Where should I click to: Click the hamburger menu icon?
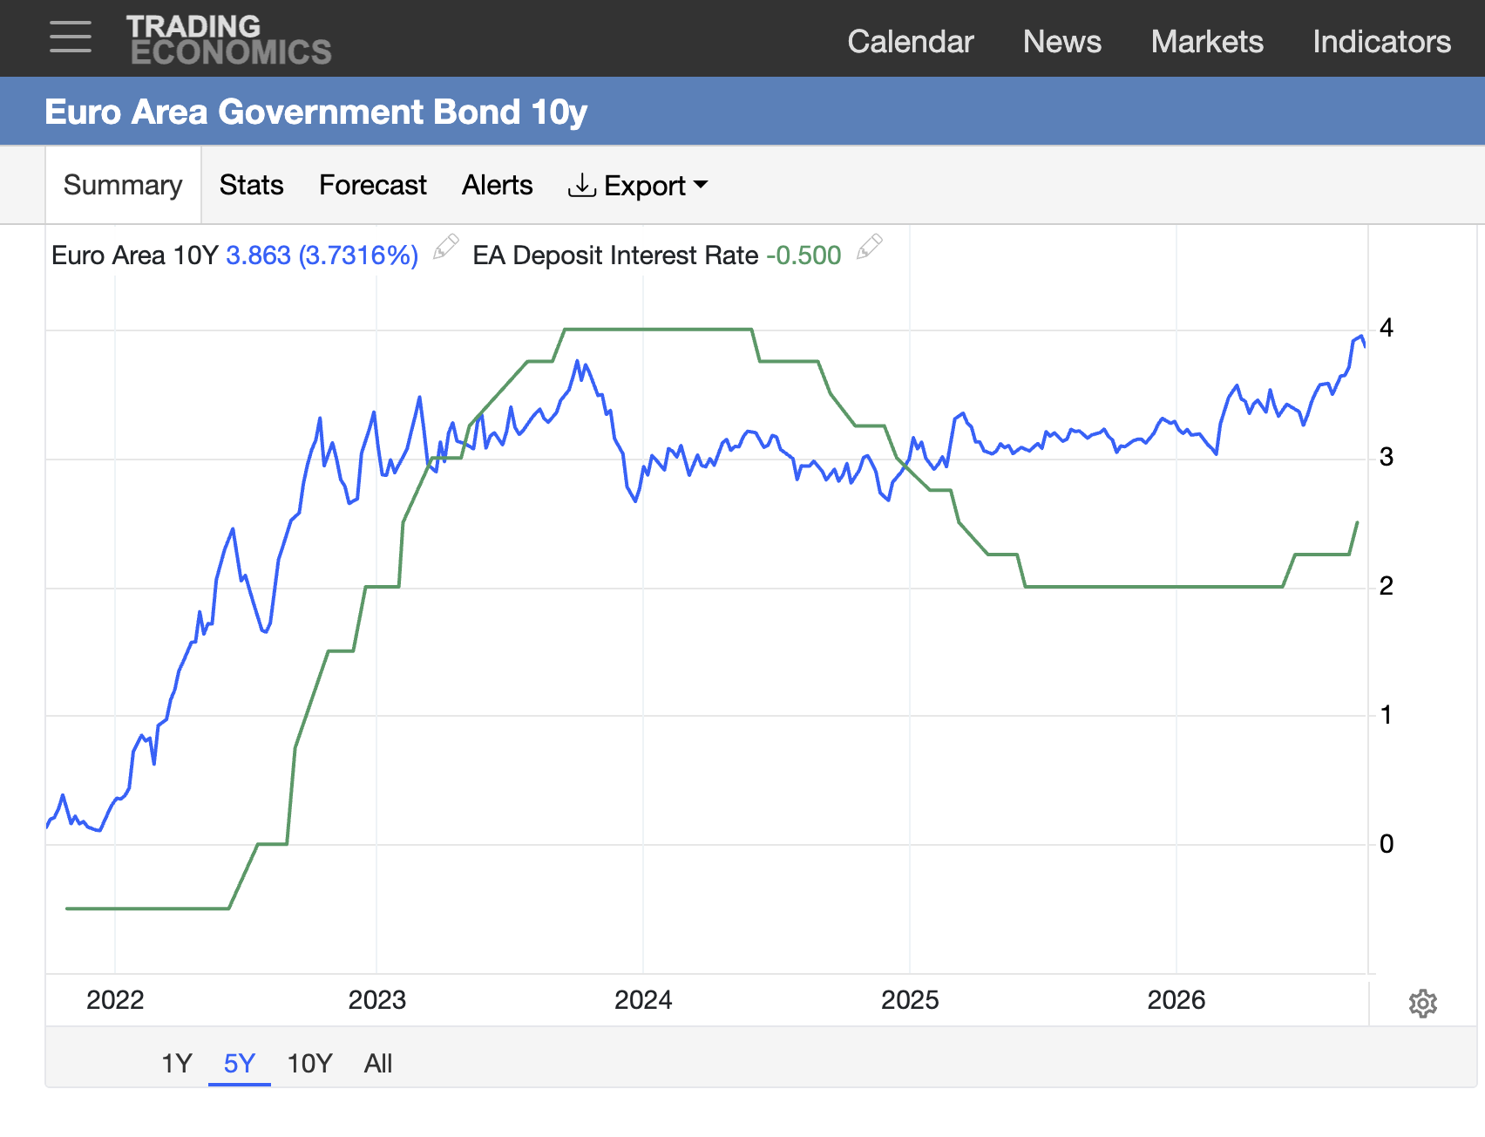click(71, 37)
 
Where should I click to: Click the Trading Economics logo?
click(229, 40)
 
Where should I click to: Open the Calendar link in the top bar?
click(911, 41)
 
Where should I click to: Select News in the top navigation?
click(1062, 41)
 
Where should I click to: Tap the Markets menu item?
click(1207, 41)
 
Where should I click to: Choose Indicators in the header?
click(1382, 41)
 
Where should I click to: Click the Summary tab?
click(123, 185)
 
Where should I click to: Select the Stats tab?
click(251, 185)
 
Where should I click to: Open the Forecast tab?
click(373, 185)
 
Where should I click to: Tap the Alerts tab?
click(497, 185)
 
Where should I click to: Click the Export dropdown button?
click(638, 186)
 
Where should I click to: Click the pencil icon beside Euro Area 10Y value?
click(446, 247)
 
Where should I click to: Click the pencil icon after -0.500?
click(870, 247)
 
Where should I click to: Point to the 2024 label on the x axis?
click(643, 999)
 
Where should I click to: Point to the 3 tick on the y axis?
click(1387, 457)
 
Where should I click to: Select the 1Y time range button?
click(177, 1063)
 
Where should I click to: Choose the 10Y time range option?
click(309, 1063)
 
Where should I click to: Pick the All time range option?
click(378, 1063)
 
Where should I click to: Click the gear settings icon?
click(1423, 1004)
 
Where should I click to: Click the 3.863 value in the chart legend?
click(258, 255)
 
